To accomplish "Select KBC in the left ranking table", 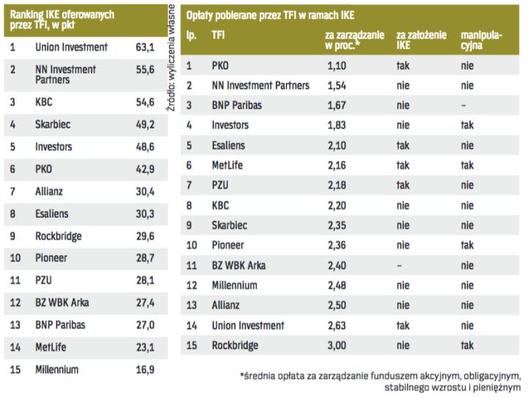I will [x=44, y=102].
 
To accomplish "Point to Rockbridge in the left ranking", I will [x=59, y=236].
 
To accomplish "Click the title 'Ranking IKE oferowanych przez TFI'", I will [x=62, y=19].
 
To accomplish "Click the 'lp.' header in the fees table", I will [x=191, y=35].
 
